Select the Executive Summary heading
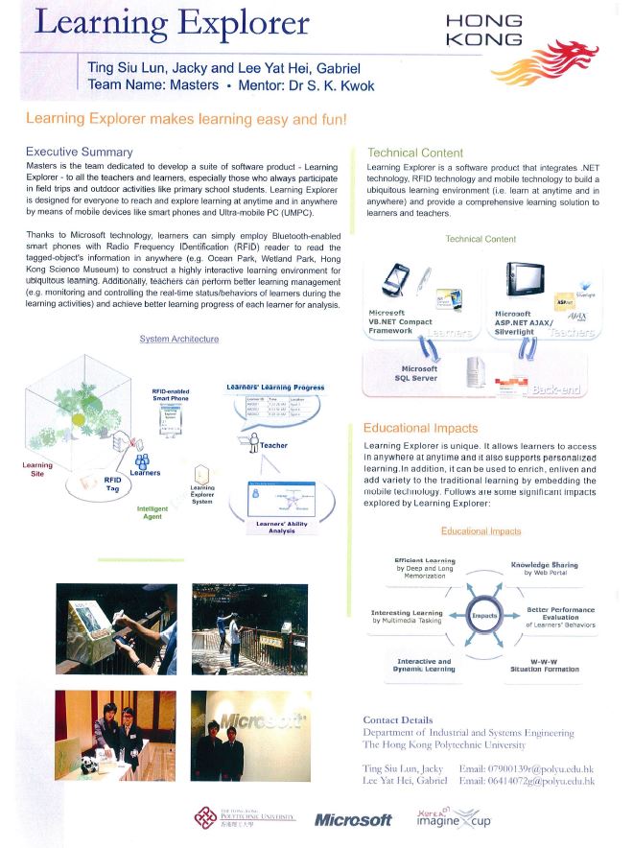(x=79, y=152)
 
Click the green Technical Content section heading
(x=415, y=153)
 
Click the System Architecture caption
(x=178, y=339)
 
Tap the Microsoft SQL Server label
(x=418, y=373)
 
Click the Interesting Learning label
(x=407, y=617)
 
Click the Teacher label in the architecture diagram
(x=272, y=445)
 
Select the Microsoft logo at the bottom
(x=353, y=819)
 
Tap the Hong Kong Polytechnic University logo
(x=244, y=818)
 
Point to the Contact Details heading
(x=398, y=719)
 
